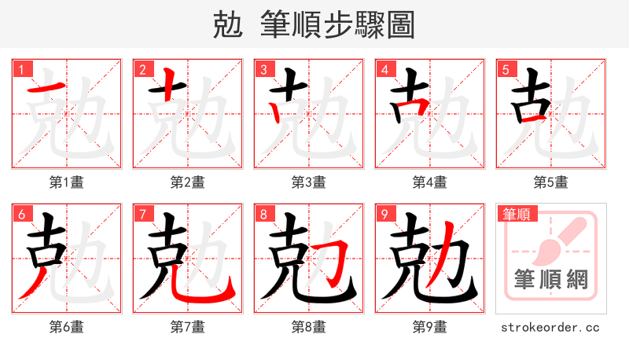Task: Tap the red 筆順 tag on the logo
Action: coord(516,214)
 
